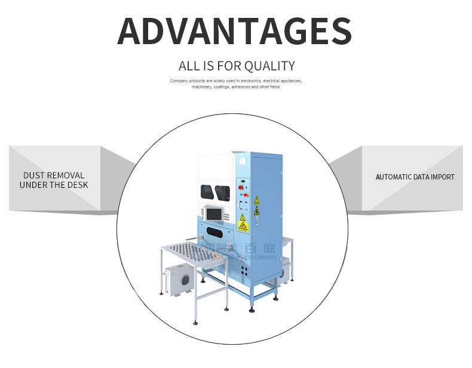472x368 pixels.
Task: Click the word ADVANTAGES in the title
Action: coord(234,31)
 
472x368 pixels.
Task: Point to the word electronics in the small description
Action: coord(250,81)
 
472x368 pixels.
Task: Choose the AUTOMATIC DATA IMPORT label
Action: coord(415,177)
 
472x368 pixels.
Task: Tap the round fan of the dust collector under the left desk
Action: coord(185,279)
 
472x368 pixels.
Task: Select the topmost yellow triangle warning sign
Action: coord(257,199)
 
